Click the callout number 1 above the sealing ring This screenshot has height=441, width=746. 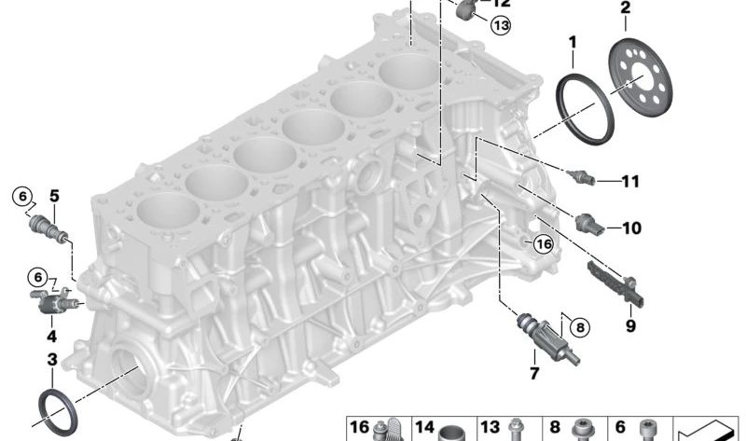[x=573, y=42]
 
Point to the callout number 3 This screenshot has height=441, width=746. [x=52, y=360]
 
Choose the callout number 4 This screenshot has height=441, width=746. [x=52, y=337]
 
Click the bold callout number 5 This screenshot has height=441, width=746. [x=55, y=196]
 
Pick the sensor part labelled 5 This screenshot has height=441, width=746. [x=49, y=228]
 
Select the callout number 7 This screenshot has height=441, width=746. [x=534, y=373]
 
